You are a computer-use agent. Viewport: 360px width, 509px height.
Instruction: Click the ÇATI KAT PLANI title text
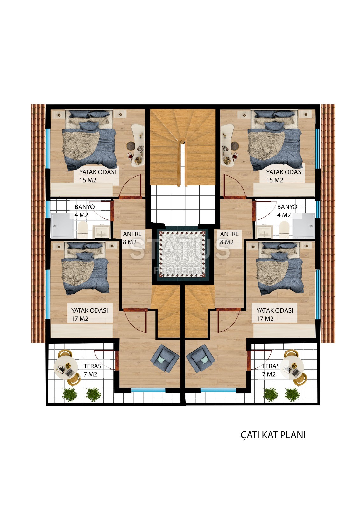(273, 435)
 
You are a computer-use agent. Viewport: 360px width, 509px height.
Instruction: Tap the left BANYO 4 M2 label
(85, 211)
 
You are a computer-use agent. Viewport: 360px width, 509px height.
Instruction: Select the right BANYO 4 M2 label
(287, 211)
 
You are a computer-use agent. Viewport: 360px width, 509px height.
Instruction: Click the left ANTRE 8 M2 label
(132, 238)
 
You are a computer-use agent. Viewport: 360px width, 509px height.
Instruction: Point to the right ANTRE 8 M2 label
(229, 238)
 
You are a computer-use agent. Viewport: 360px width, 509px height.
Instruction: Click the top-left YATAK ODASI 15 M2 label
(97, 176)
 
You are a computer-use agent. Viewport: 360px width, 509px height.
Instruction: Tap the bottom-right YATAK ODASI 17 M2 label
(275, 315)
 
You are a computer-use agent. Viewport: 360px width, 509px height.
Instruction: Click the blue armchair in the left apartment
(165, 358)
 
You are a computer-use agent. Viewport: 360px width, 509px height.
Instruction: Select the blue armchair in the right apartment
(200, 358)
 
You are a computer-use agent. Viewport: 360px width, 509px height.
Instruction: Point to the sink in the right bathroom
(265, 232)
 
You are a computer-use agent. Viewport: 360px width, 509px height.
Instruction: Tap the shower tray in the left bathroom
(62, 226)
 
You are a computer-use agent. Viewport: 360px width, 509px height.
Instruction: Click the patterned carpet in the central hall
(182, 254)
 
